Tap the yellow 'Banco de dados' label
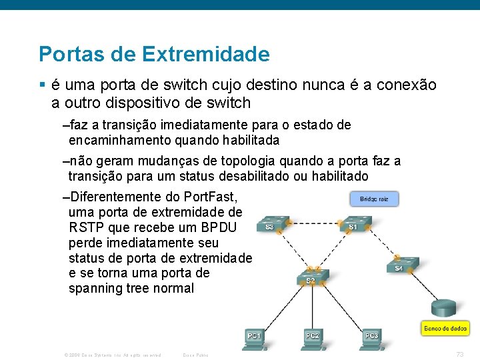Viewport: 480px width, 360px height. point(445,328)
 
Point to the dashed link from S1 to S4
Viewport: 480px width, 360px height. point(379,244)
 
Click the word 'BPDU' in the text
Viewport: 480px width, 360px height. point(221,227)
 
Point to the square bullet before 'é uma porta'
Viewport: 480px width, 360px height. point(42,85)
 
